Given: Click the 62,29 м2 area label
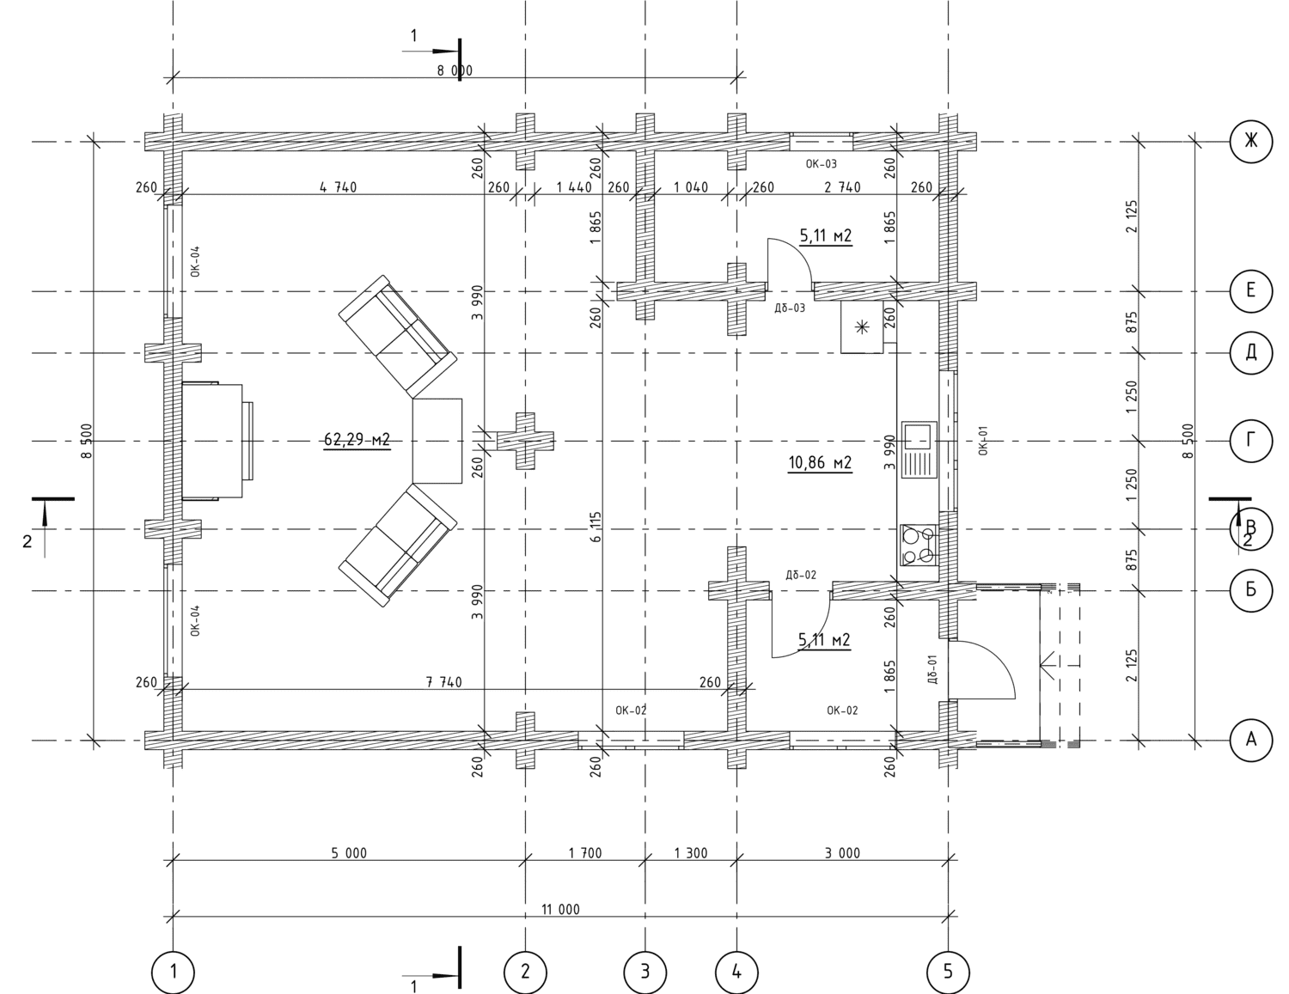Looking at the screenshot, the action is (357, 440).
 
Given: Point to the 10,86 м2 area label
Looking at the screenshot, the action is (820, 462).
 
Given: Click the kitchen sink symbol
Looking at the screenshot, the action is (919, 449).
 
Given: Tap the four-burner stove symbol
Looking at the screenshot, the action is (919, 545).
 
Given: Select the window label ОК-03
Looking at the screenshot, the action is (821, 164).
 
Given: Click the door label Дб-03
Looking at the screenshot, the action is (790, 308).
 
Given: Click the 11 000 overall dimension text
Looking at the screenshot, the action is (560, 909).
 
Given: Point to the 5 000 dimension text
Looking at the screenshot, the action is (349, 853).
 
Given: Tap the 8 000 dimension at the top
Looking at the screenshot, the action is (455, 70).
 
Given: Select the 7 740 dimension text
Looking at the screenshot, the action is (443, 682).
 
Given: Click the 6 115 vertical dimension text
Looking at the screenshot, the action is (596, 527).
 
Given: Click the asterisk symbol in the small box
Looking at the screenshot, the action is (861, 326).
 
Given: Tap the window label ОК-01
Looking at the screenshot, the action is (984, 440).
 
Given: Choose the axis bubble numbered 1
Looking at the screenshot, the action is (173, 972).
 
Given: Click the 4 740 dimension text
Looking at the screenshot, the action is (338, 187).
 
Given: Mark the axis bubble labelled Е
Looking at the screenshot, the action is (1250, 290).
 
